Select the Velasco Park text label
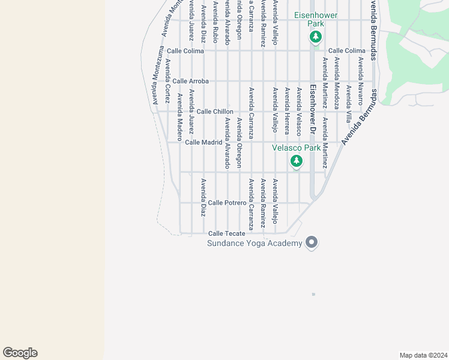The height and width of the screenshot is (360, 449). click(296, 148)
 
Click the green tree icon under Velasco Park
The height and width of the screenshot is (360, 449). click(296, 161)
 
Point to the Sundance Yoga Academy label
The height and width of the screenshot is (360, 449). click(255, 243)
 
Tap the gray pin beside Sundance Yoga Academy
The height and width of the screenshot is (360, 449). click(311, 242)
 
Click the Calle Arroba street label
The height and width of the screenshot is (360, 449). click(190, 81)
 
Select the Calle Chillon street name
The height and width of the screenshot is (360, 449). click(214, 112)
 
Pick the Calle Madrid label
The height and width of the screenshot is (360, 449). click(203, 142)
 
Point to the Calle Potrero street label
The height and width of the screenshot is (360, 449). click(227, 203)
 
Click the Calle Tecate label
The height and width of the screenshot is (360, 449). click(226, 233)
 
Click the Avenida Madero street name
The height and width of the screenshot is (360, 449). click(179, 113)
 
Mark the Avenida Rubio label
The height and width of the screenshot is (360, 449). click(215, 24)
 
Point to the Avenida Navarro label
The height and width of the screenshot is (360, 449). click(360, 73)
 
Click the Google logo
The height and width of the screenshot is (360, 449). click(20, 353)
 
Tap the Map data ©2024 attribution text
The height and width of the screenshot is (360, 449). click(423, 355)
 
